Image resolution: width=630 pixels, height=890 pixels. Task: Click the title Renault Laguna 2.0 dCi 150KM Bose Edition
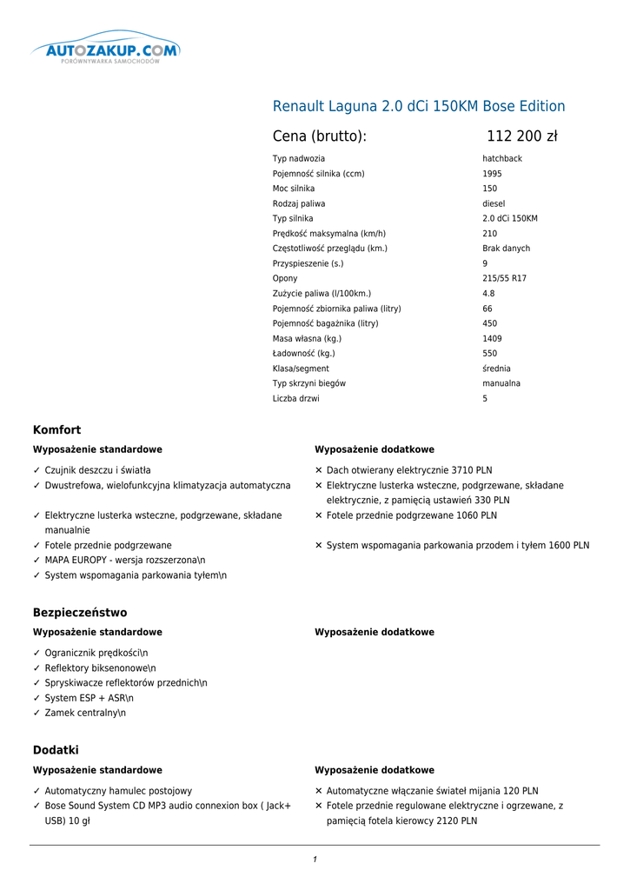click(x=419, y=107)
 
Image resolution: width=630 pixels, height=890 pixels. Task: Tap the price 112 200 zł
click(x=521, y=136)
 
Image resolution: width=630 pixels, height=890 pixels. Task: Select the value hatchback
click(x=502, y=159)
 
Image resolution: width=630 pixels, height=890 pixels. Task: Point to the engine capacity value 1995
click(x=492, y=174)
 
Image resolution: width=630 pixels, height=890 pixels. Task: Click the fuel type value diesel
click(x=494, y=203)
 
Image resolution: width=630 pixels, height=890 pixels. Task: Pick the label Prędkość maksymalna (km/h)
click(x=329, y=234)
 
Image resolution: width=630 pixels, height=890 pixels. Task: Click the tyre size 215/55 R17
click(x=504, y=278)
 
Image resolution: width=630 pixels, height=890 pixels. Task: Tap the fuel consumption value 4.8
click(x=488, y=294)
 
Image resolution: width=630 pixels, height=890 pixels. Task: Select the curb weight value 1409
click(x=492, y=338)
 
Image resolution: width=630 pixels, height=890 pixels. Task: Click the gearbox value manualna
click(x=501, y=383)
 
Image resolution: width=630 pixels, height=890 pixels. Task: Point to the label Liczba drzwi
click(x=296, y=398)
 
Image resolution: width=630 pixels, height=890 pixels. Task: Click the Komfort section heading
click(x=56, y=430)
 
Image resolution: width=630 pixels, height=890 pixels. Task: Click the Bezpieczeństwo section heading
click(x=80, y=613)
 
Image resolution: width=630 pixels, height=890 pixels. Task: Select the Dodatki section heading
click(x=56, y=750)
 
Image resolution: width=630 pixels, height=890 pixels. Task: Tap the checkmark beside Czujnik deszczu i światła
click(x=36, y=470)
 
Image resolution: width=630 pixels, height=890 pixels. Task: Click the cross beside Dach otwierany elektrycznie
click(x=319, y=470)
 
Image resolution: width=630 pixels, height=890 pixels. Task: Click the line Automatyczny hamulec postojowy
click(x=118, y=791)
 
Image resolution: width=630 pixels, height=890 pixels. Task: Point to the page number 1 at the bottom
click(x=315, y=860)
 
